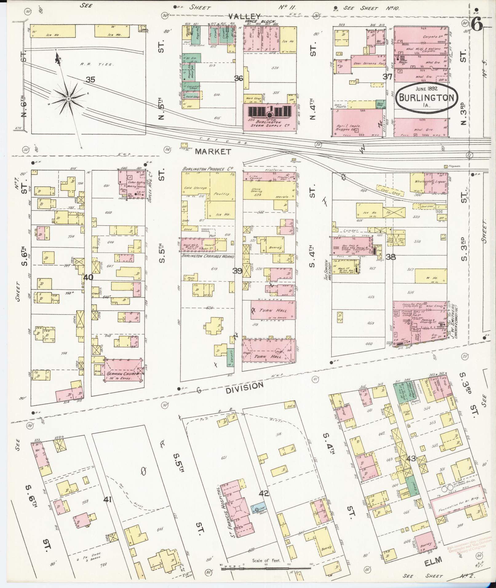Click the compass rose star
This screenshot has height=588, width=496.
click(68, 98)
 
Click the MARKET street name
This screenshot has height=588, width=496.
click(213, 151)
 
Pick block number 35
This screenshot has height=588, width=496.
click(90, 80)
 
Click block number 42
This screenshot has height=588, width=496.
click(264, 494)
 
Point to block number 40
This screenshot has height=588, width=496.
click(89, 277)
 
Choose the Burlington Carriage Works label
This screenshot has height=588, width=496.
click(208, 256)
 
